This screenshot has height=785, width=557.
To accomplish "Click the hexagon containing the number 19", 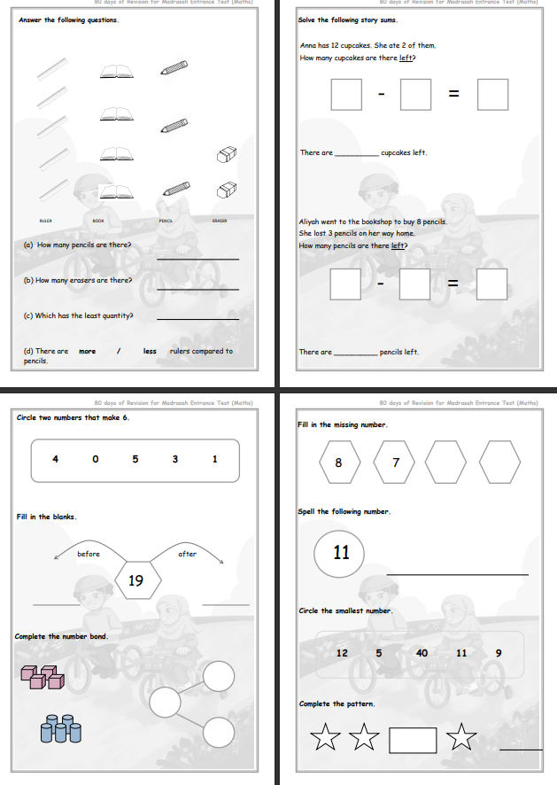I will point(136,581).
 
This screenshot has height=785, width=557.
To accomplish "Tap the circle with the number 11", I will point(342,553).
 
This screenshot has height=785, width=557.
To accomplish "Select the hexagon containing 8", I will point(338,462).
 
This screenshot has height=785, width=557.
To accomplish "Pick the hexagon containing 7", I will point(396,462).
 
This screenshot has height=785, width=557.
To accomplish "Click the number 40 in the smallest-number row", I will point(422,653).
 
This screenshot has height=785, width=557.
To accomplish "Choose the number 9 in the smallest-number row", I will point(499,653).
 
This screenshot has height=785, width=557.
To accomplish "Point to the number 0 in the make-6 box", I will point(95,459).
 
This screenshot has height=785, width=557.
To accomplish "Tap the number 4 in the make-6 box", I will point(55,459).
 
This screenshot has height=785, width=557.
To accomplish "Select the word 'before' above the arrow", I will point(89,554).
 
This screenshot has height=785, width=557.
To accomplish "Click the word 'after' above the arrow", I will point(188,554).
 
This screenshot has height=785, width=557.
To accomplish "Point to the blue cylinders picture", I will point(60,730).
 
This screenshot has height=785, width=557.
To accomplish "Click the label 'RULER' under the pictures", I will point(45,220).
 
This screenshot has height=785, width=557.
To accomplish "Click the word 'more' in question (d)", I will point(88,351).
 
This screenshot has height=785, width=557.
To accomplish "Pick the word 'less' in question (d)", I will point(150,351).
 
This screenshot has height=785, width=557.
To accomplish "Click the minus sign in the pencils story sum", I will point(380,284).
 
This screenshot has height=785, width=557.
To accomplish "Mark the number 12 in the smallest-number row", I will point(343,653).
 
